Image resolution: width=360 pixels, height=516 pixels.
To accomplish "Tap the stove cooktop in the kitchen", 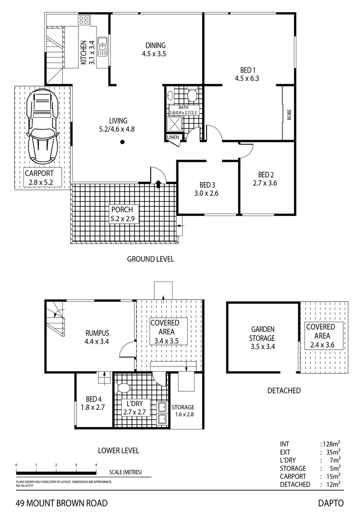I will tap(84, 20).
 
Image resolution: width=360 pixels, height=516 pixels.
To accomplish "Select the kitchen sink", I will tap(102, 44).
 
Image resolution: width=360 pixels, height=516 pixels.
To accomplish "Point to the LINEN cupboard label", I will tap(173, 138).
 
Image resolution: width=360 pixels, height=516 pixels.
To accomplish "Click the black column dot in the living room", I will tap(123, 141).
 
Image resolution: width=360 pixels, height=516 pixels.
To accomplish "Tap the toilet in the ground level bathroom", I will tap(192, 96).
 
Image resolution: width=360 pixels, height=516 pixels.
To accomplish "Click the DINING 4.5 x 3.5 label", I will tap(153, 50).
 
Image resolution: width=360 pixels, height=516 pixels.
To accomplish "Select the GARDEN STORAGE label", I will tap(263, 337).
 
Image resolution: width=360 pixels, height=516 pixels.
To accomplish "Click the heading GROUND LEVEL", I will tap(150, 259).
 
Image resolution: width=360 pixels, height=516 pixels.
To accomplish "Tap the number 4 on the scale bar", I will tap(96, 464).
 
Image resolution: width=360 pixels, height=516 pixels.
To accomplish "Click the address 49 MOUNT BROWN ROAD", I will tap(61, 503).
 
